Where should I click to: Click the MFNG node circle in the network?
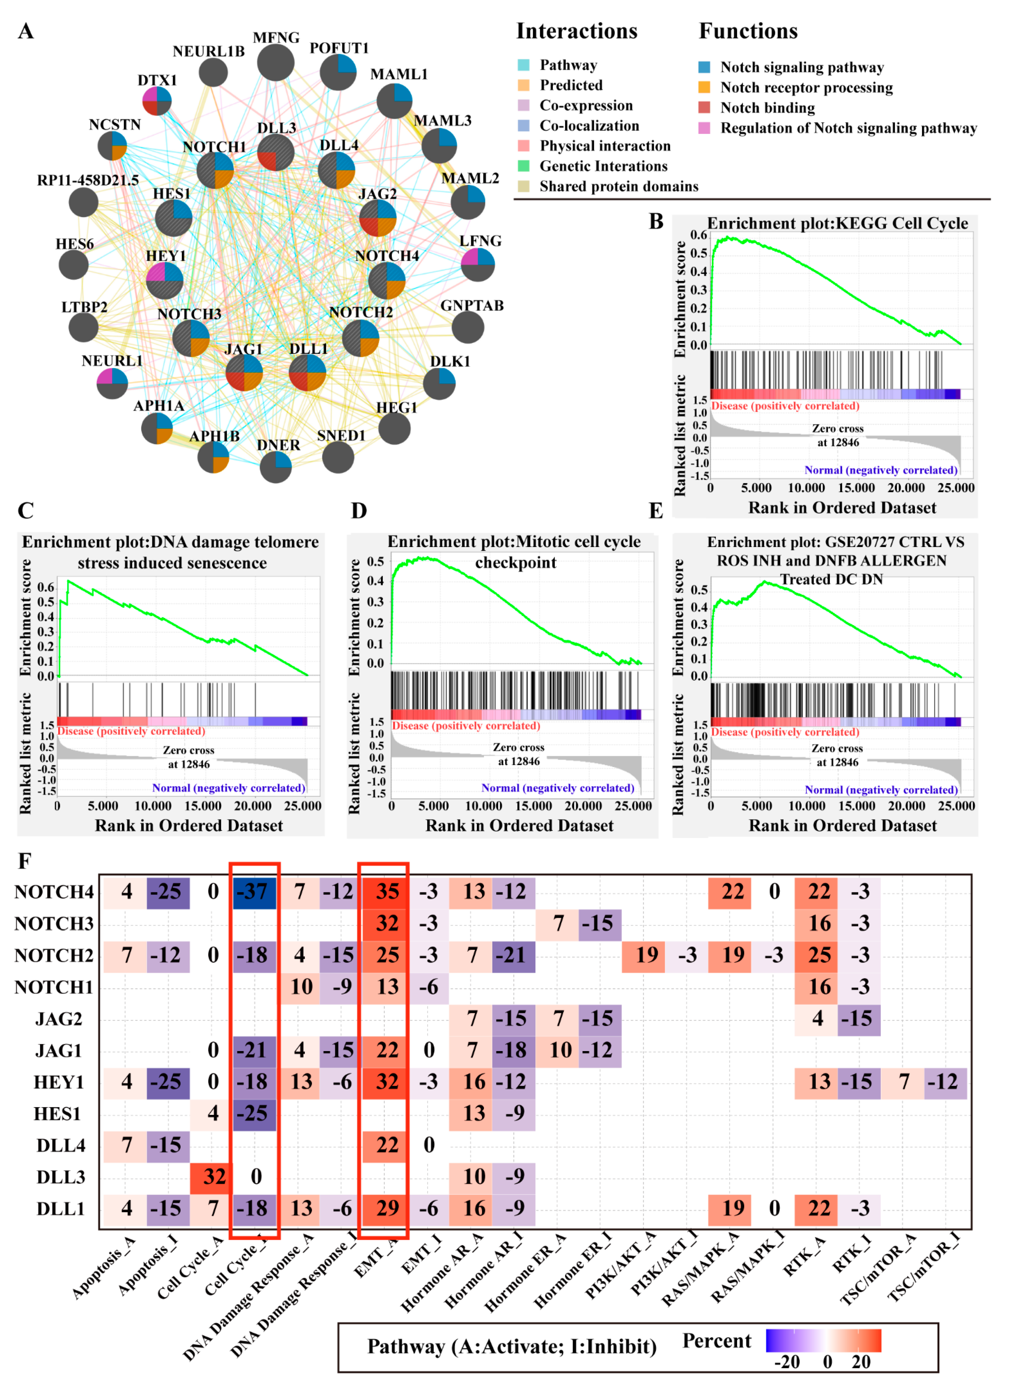(275, 63)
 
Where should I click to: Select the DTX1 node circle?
(157, 101)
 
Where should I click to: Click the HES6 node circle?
(74, 264)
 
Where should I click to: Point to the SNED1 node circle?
(338, 457)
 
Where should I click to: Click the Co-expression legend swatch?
(523, 106)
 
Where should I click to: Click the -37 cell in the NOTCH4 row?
(255, 892)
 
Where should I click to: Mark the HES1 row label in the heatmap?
(57, 1113)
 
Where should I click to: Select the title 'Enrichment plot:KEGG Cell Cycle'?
(837, 223)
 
